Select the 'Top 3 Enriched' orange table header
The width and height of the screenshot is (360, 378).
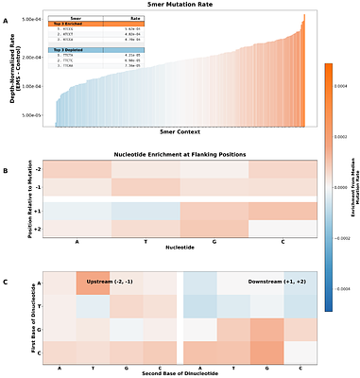[x=76, y=23]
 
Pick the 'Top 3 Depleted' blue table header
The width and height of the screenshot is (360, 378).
[x=76, y=47]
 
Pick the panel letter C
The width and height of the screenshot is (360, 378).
[x=6, y=282]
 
